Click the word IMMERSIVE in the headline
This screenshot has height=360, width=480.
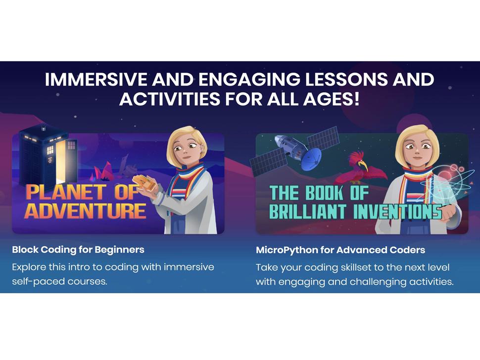tap(96, 80)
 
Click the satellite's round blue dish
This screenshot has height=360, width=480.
tap(311, 159)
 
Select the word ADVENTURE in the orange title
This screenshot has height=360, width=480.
tap(86, 211)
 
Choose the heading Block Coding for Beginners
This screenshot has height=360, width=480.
tap(78, 250)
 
